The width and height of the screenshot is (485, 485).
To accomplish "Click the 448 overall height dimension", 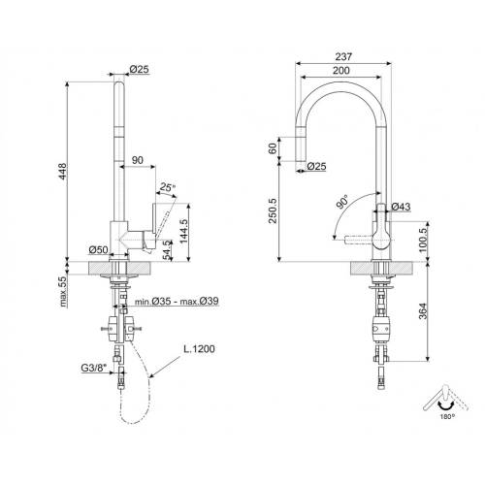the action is click(62, 171).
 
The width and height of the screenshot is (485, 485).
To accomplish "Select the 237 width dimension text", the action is click(343, 56).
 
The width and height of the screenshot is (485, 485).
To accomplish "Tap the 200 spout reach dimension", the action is click(341, 70).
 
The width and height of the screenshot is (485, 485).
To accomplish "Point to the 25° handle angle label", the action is click(168, 187).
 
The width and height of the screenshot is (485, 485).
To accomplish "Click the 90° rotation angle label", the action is click(342, 202).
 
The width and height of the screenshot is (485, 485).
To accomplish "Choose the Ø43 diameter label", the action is click(401, 207).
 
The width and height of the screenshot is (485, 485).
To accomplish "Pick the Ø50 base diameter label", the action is click(98, 249).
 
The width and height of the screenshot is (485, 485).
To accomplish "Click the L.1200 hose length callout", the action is click(199, 349).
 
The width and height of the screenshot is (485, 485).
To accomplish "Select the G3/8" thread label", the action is click(94, 368).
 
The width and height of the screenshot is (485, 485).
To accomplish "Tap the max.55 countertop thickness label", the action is click(63, 291).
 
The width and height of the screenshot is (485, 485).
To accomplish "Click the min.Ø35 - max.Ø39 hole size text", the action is click(177, 301).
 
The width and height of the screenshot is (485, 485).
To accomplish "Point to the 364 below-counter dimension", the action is click(423, 310).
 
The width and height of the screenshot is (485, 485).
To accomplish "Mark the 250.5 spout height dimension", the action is click(273, 210).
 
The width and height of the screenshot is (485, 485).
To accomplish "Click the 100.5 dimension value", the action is click(423, 240).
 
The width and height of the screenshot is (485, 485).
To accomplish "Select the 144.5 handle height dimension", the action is click(183, 232).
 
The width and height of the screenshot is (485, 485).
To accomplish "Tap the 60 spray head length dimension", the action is click(273, 148).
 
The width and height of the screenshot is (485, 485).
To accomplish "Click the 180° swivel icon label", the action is click(447, 416).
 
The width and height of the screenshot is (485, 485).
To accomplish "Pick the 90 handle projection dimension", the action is click(138, 160).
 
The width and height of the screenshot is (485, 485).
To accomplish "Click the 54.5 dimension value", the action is click(167, 250).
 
